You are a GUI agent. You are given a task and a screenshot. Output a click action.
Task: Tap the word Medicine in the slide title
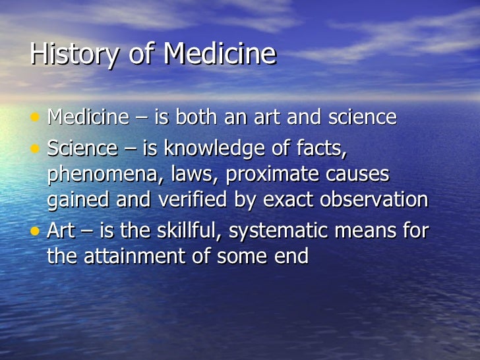click(x=220, y=54)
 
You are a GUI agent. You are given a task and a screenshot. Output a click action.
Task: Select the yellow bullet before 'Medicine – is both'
click(x=36, y=117)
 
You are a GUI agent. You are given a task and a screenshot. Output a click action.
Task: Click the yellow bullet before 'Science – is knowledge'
click(x=36, y=148)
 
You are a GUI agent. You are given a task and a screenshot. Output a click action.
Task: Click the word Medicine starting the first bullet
click(x=88, y=117)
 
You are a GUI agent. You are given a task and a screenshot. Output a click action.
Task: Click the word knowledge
click(x=214, y=148)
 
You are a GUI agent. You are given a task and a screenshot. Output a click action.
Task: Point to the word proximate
click(x=284, y=174)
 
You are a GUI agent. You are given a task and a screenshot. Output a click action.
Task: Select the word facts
click(x=320, y=148)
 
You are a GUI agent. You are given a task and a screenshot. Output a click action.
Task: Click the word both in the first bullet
click(x=195, y=117)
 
